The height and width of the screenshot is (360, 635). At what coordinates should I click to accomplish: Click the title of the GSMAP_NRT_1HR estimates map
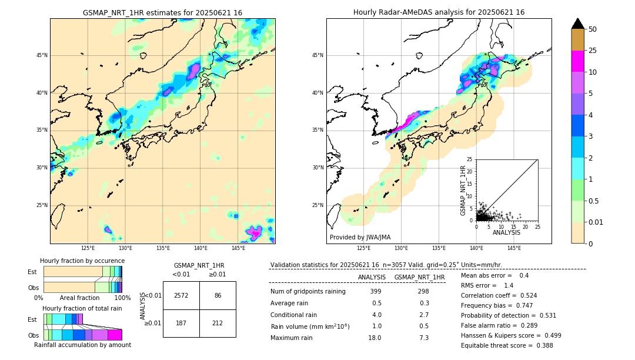(162, 12)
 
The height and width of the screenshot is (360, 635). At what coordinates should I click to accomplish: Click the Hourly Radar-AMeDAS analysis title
(439, 12)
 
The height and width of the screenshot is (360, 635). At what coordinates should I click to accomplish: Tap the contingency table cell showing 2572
(181, 295)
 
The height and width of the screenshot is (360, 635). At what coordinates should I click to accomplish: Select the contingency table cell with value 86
(218, 295)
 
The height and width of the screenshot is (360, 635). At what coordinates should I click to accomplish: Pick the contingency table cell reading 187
(181, 323)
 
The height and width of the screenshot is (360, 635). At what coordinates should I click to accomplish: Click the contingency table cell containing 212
(218, 323)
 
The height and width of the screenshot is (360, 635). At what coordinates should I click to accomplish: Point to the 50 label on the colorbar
(593, 29)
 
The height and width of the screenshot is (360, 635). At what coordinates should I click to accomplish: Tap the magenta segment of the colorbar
(578, 61)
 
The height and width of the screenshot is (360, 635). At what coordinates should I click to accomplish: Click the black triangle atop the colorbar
(578, 24)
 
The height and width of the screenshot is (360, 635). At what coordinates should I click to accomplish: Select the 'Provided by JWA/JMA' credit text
(360, 238)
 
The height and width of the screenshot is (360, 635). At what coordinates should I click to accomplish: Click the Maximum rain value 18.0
(375, 338)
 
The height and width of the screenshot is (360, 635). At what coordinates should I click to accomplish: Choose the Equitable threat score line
(507, 346)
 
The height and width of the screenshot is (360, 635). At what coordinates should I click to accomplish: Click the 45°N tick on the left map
(42, 55)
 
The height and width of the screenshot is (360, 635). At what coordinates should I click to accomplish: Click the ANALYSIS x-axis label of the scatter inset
(506, 233)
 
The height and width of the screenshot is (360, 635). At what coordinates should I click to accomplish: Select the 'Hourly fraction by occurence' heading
(82, 261)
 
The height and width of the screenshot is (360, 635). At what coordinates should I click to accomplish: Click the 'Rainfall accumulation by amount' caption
(82, 345)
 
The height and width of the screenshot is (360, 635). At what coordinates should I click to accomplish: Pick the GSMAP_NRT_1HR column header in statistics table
(419, 278)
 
